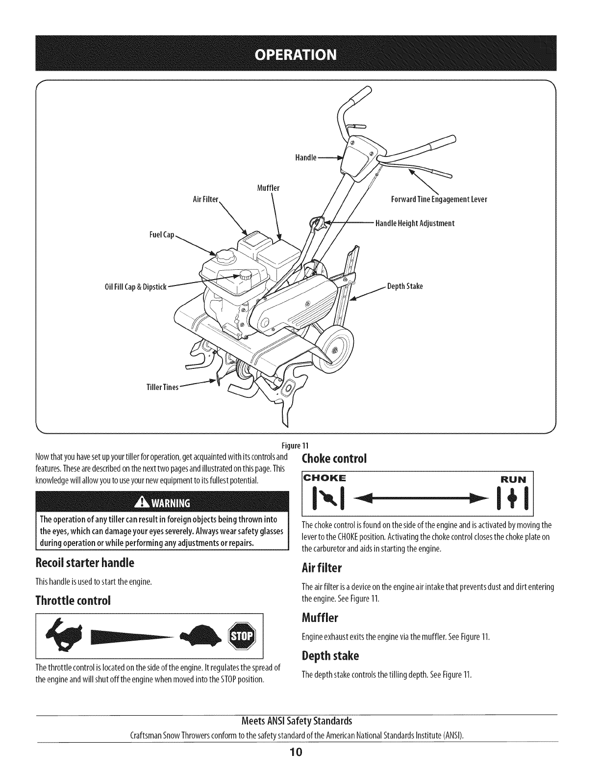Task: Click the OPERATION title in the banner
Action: [300, 53]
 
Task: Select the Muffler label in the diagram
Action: [268, 188]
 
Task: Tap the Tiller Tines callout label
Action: [163, 387]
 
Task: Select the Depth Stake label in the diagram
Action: [405, 286]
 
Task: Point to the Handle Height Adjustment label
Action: [415, 224]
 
